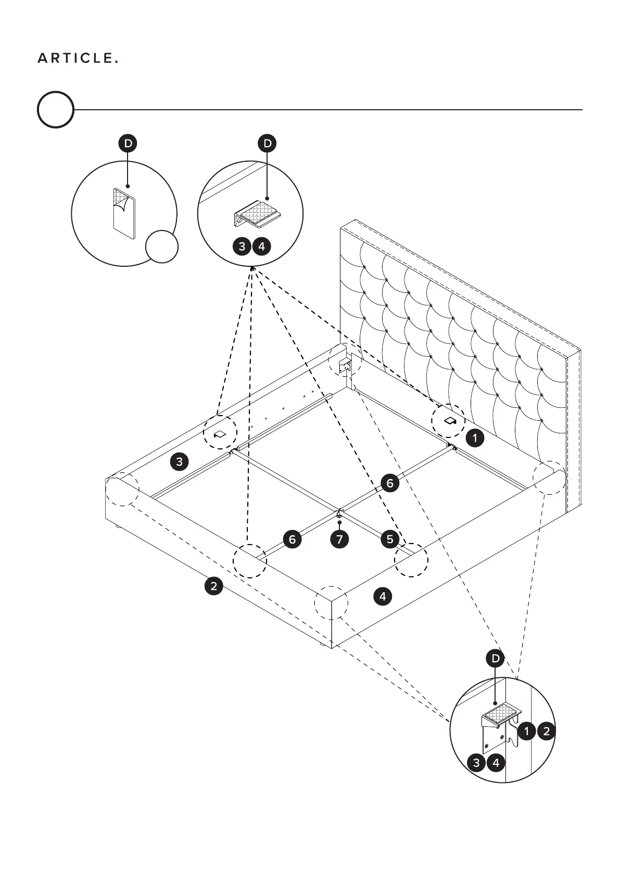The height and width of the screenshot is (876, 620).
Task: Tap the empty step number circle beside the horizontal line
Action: coord(55,110)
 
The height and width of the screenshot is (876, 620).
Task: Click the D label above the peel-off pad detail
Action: coord(128,144)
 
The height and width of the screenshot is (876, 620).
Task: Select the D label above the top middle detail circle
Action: coord(268,144)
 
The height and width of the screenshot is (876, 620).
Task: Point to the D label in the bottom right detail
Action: coord(495,659)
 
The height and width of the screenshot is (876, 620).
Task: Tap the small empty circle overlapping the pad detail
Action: coord(161,247)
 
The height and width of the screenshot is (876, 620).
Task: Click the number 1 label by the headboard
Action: coord(475,438)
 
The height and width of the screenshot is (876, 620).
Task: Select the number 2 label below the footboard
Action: coord(213,586)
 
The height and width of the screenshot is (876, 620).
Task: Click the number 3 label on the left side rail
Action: coord(180,461)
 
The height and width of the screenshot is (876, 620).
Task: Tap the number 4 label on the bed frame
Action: coord(383,596)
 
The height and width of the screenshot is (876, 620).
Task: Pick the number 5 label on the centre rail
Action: coord(390,539)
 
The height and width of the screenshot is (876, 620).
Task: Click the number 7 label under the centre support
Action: coord(339,539)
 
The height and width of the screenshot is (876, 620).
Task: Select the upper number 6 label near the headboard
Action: coord(390,483)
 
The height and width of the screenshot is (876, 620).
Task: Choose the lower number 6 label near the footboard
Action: coord(292,539)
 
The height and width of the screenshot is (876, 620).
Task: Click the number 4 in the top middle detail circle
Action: coord(261,246)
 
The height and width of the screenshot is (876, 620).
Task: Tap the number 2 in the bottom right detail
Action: coord(546,731)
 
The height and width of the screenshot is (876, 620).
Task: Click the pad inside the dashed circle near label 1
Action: coord(449,420)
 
